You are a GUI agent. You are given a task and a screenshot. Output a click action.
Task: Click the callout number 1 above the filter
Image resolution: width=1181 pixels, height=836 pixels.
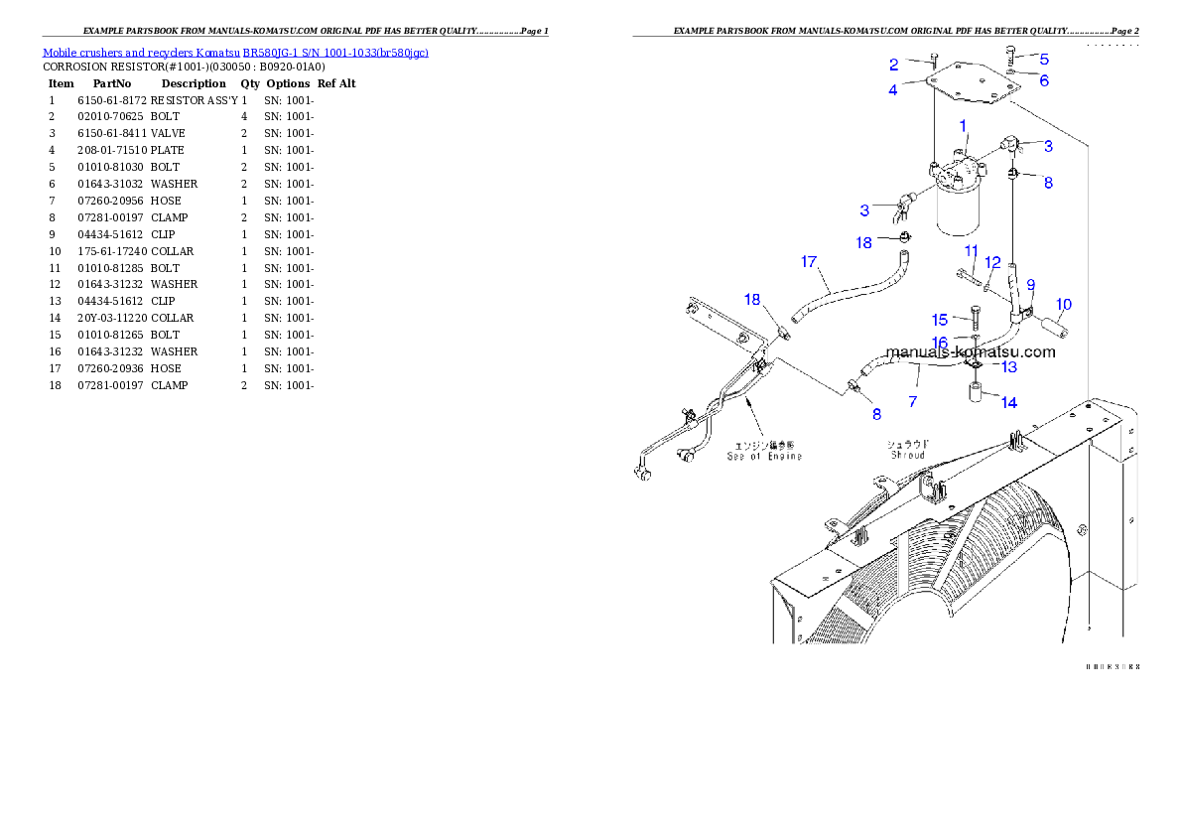pyautogui.click(x=963, y=125)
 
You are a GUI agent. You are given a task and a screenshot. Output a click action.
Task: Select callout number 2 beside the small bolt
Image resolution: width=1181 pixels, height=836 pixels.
pyautogui.click(x=893, y=66)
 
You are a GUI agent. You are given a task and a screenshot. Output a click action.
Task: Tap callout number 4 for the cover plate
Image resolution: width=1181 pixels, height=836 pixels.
pyautogui.click(x=893, y=89)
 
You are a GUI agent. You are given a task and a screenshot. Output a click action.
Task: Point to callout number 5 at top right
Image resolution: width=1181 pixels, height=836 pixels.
pyautogui.click(x=1044, y=60)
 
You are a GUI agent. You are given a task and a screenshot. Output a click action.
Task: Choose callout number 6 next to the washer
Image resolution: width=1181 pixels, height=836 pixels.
pyautogui.click(x=1044, y=80)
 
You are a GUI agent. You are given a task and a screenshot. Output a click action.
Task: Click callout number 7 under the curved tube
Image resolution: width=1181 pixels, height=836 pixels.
pyautogui.click(x=913, y=401)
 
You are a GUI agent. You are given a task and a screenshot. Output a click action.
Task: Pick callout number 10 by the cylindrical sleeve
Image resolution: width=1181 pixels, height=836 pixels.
pyautogui.click(x=1063, y=304)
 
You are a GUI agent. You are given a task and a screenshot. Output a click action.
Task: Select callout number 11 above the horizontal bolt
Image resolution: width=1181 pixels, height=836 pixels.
pyautogui.click(x=971, y=251)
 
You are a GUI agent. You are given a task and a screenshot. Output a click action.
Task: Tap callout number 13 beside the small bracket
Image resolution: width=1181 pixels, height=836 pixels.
pyautogui.click(x=1008, y=367)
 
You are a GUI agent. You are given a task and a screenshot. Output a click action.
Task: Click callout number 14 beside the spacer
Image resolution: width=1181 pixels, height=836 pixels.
pyautogui.click(x=1008, y=402)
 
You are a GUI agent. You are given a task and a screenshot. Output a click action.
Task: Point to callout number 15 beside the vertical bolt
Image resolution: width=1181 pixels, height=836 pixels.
pyautogui.click(x=939, y=320)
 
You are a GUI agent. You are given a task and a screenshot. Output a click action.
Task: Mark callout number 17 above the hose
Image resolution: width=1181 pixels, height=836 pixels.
pyautogui.click(x=809, y=262)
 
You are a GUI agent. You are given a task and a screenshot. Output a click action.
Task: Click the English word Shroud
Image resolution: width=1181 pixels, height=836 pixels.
pyautogui.click(x=907, y=455)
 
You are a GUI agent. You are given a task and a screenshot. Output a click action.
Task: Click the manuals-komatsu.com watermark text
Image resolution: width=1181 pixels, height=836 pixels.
pyautogui.click(x=971, y=351)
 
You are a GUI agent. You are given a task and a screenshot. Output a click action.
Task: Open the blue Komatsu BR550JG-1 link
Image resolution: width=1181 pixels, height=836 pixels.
pyautogui.click(x=235, y=53)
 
